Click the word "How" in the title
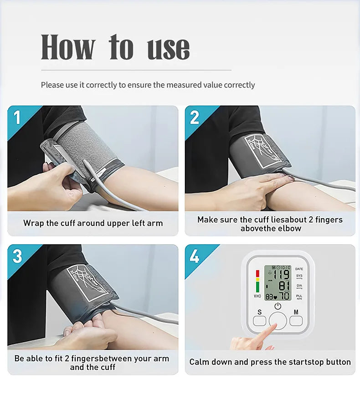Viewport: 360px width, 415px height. (x=68, y=47)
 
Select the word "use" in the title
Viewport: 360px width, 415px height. (x=168, y=48)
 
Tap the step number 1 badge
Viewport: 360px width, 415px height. (x=17, y=118)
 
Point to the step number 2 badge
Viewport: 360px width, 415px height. (x=195, y=118)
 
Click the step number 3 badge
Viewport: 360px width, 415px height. (x=17, y=256)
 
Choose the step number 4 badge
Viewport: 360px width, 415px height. (x=195, y=256)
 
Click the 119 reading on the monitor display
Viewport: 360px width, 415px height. (x=281, y=275)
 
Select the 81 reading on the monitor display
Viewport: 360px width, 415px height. (x=283, y=286)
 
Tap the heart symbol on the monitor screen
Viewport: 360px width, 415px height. (x=275, y=297)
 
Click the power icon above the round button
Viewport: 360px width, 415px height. (x=278, y=307)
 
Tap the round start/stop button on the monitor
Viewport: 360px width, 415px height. (x=278, y=321)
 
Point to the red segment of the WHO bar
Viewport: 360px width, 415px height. (x=257, y=273)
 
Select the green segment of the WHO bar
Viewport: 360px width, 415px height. (x=257, y=287)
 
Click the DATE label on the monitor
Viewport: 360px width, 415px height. (x=299, y=269)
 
